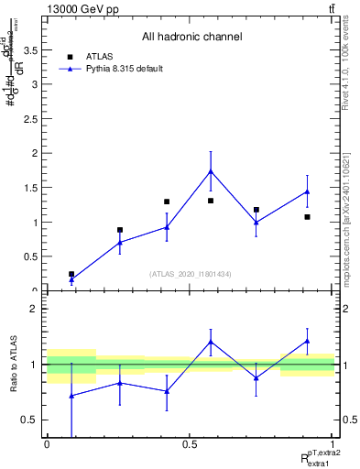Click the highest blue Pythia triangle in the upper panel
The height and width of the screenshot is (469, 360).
click(211, 171)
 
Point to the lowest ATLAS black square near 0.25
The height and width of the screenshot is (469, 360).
click(71, 274)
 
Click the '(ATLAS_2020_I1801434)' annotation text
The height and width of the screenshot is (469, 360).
click(191, 274)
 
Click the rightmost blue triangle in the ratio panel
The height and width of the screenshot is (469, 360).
click(307, 341)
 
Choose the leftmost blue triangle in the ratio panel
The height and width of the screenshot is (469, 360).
click(71, 396)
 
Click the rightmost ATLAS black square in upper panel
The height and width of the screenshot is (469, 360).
click(307, 217)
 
